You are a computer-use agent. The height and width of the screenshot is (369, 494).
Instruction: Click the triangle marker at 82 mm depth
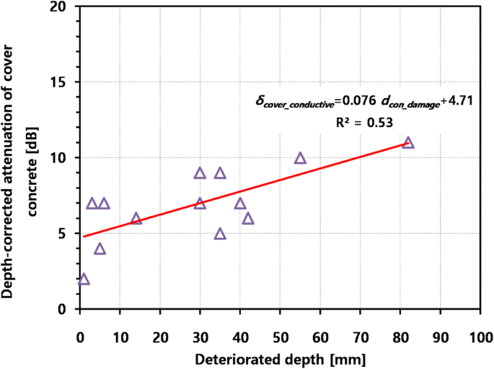click(x=408, y=143)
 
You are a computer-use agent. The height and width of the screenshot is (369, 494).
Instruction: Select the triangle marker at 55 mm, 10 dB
click(x=300, y=158)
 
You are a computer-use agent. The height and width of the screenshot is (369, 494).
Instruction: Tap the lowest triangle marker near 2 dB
click(x=84, y=279)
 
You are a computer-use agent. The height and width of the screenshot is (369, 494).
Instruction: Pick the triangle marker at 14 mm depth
click(x=136, y=219)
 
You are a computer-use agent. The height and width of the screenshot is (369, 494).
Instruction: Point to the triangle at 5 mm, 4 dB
click(x=100, y=249)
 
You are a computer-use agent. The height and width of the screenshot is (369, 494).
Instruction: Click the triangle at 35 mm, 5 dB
click(x=220, y=234)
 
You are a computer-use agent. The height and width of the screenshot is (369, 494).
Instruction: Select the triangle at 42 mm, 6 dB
click(x=248, y=219)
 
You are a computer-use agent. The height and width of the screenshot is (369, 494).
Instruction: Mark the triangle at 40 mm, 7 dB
click(x=240, y=204)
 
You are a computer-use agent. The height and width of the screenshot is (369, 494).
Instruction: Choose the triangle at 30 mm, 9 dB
click(x=200, y=173)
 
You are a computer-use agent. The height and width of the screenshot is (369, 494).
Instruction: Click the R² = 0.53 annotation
click(x=363, y=123)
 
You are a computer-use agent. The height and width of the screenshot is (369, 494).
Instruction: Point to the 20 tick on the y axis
click(x=61, y=7)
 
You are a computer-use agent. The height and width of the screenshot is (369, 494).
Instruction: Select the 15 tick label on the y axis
click(x=61, y=82)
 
